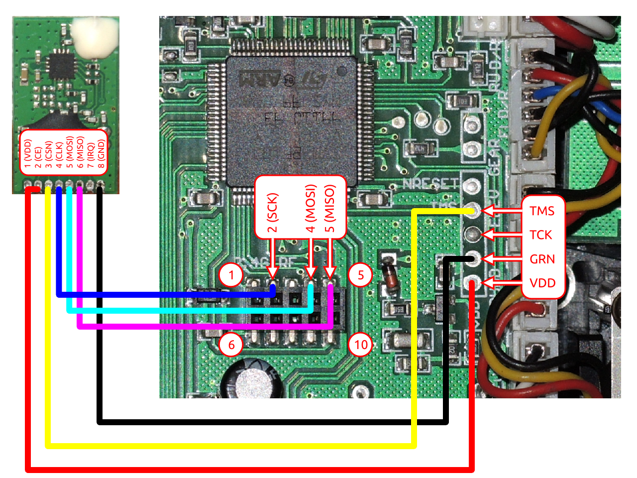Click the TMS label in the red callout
tap(542, 211)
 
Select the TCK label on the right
tap(541, 235)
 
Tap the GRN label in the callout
tap(542, 259)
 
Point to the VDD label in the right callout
tap(542, 283)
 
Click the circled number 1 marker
tap(231, 275)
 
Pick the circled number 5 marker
tap(361, 275)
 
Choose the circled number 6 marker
tap(231, 345)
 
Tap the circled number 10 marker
tap(361, 345)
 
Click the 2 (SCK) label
tap(272, 213)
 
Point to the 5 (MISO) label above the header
tap(329, 209)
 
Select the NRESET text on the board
tap(430, 184)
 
